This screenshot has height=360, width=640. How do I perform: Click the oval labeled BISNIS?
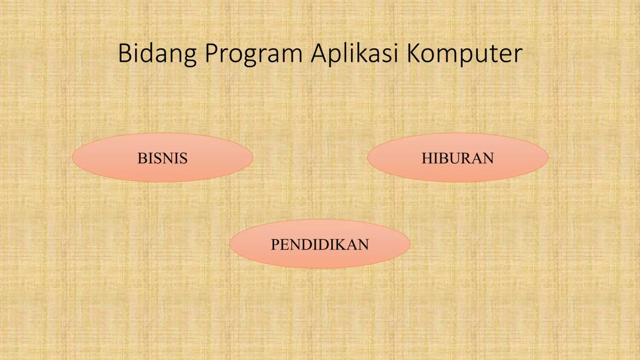click(x=163, y=158)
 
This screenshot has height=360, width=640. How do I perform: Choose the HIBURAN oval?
click(x=458, y=158)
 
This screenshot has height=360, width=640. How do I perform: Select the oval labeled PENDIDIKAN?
click(x=319, y=244)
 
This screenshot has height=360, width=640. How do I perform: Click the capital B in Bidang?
click(x=124, y=54)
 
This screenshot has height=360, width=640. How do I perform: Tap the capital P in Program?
click(x=210, y=54)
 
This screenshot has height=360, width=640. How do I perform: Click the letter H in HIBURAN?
click(x=427, y=158)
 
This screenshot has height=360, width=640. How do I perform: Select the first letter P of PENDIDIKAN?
click(x=275, y=245)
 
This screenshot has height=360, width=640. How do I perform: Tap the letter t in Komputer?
click(x=491, y=54)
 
